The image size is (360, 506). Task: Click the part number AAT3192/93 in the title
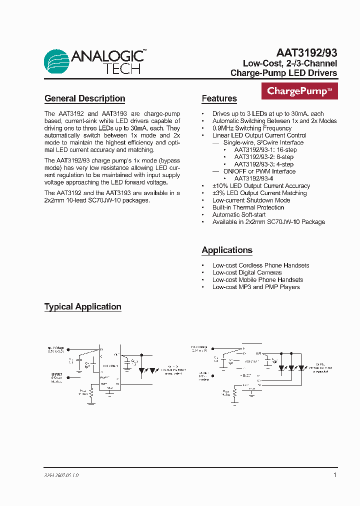306,53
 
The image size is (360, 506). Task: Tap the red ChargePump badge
299,91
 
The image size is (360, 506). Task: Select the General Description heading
84,98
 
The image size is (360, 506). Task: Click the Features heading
219,98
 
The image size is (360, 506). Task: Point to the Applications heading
226,250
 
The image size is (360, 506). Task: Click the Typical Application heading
82,306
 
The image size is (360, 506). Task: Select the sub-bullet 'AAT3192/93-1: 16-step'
265,150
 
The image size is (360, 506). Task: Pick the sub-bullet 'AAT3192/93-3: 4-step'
263,164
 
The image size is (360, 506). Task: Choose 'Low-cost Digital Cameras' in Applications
247,272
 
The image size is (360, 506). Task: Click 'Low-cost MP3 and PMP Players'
256,287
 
